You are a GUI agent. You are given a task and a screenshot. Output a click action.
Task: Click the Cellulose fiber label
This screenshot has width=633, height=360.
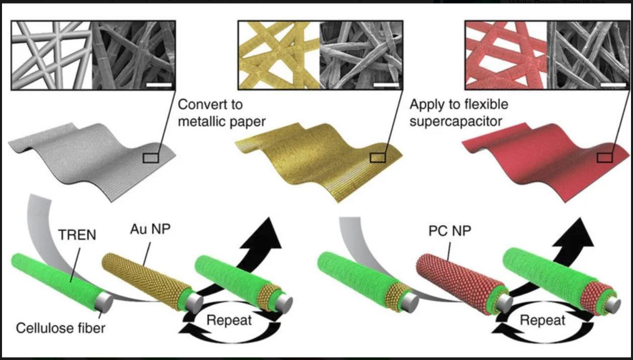[60, 329]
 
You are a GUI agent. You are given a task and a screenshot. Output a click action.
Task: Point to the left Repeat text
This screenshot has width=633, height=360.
[229, 320]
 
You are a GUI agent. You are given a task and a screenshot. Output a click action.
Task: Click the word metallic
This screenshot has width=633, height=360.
[200, 122]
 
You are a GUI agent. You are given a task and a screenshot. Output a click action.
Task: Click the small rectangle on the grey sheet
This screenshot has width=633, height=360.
[150, 158]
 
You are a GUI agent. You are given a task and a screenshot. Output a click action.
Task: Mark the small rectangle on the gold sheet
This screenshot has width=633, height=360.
[377, 158]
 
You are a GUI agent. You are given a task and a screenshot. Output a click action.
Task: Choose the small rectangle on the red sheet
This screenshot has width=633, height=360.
[604, 158]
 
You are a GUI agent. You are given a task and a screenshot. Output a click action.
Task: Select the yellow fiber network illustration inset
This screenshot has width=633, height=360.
[279, 55]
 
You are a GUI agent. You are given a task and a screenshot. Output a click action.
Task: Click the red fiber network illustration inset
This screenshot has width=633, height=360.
[505, 55]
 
